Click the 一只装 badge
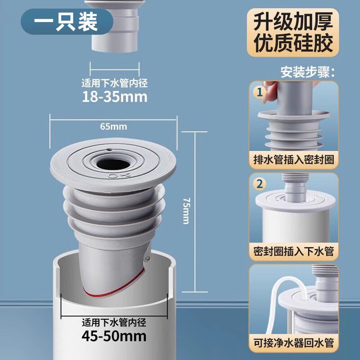pyautogui.click(x=67, y=22)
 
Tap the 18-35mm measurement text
pyautogui.click(x=115, y=97)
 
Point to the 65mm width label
pyautogui.click(x=113, y=126)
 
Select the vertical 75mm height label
pyautogui.click(x=186, y=211)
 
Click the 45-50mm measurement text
pyautogui.click(x=114, y=336)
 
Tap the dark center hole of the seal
pyautogui.click(x=113, y=164)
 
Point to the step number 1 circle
pyautogui.click(x=260, y=92)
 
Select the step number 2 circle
pyautogui.click(x=260, y=184)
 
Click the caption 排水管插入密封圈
pyautogui.click(x=294, y=160)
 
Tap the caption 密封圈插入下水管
pyautogui.click(x=294, y=251)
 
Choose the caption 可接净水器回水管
pyautogui.click(x=294, y=343)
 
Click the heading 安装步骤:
pyautogui.click(x=307, y=72)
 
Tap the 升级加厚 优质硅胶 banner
pyautogui.click(x=293, y=32)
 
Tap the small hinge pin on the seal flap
pyautogui.click(x=147, y=258)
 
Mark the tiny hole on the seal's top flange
pyautogui.click(x=109, y=150)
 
